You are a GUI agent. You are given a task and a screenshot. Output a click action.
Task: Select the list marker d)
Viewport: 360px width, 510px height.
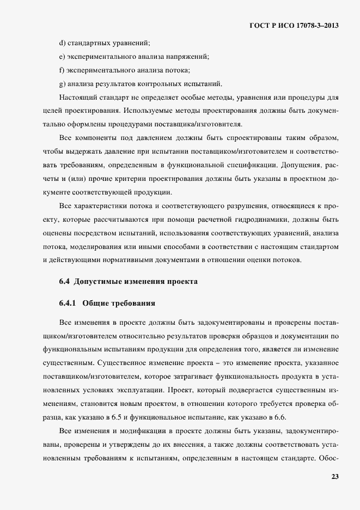(62, 42)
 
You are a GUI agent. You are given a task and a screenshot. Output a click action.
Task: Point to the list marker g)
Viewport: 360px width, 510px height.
(62, 83)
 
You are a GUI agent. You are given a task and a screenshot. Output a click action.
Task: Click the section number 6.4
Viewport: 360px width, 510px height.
(65, 282)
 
